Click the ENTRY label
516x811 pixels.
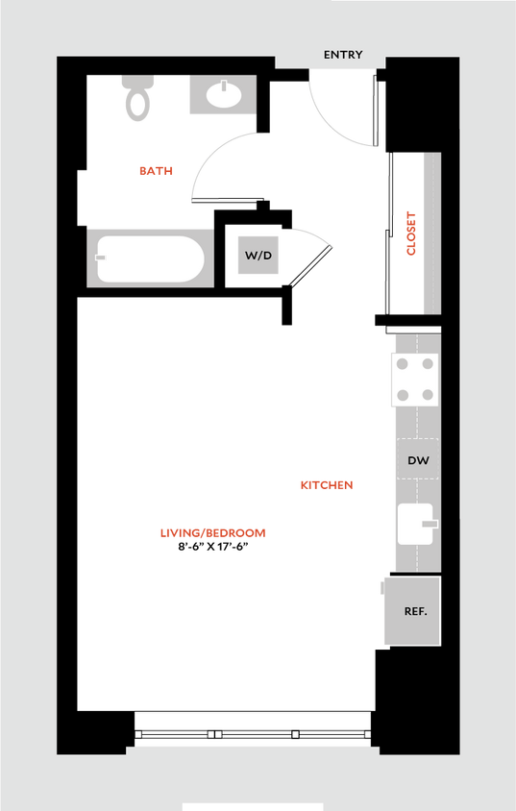(343, 55)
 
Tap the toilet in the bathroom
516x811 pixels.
(138, 97)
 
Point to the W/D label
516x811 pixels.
(258, 256)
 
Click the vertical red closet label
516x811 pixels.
(412, 233)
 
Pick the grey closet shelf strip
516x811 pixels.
(431, 233)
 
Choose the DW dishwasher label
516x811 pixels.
(417, 461)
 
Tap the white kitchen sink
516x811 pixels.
(415, 525)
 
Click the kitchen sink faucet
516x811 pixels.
(430, 524)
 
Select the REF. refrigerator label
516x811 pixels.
(415, 611)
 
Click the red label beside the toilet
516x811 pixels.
(156, 171)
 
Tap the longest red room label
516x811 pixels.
(212, 532)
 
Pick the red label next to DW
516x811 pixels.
(327, 485)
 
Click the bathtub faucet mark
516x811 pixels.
(99, 258)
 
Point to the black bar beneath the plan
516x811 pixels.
(253, 807)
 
